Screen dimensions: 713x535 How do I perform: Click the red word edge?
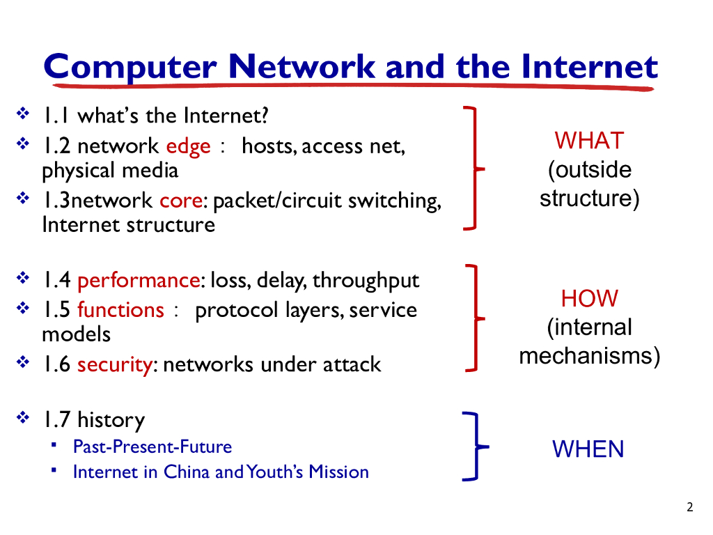tap(188, 147)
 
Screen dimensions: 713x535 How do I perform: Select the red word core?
tap(181, 200)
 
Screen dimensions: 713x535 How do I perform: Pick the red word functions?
tap(120, 310)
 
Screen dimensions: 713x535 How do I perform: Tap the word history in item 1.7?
tap(111, 420)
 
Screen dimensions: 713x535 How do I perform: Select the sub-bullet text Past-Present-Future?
tap(152, 447)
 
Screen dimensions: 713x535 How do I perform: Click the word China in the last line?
tap(187, 472)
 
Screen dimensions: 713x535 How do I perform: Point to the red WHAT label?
tap(589, 140)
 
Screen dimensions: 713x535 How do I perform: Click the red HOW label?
tap(589, 298)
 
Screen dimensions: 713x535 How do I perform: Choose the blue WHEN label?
tap(588, 449)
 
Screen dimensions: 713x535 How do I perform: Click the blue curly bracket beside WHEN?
tap(476, 447)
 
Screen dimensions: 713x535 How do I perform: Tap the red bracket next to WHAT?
tap(475, 169)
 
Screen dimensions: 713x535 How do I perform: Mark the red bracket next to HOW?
tap(476, 318)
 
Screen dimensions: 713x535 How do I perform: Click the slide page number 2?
tap(690, 507)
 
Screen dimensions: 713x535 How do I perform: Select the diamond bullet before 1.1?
tap(23, 113)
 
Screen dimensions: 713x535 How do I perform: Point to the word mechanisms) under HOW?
tap(589, 356)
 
